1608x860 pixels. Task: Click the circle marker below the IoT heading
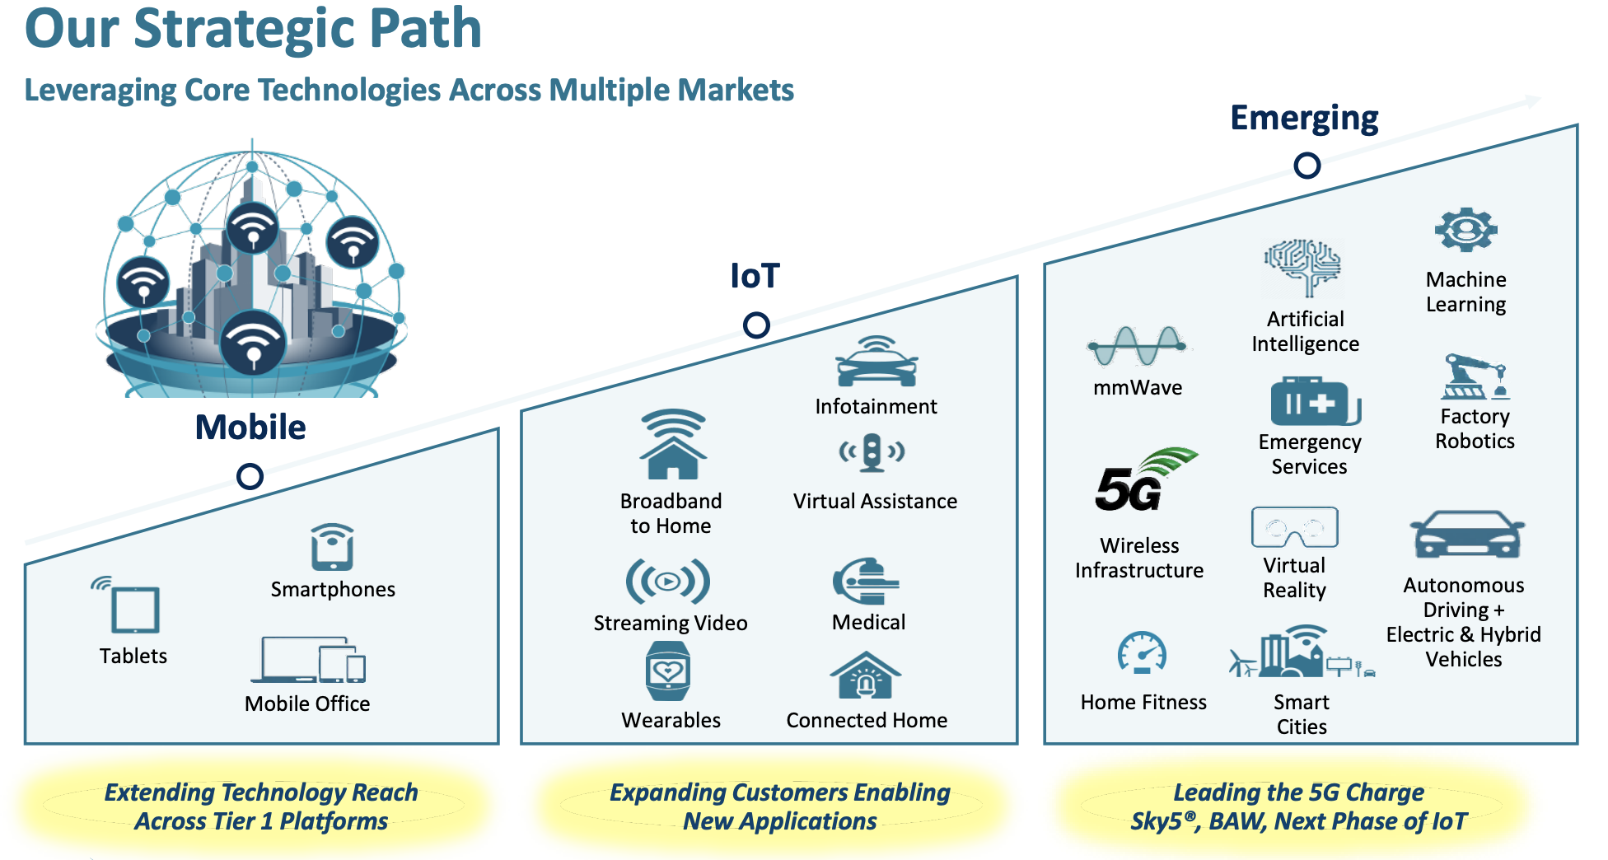(x=755, y=325)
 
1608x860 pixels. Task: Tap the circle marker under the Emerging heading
(x=1306, y=166)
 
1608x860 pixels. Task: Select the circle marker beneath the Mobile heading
(x=250, y=476)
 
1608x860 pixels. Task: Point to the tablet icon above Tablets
(x=133, y=608)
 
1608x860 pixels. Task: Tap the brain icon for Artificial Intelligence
(x=1303, y=267)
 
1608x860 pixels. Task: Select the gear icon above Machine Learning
(x=1465, y=230)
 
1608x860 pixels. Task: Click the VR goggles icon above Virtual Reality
(x=1294, y=528)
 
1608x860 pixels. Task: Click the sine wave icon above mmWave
(x=1137, y=346)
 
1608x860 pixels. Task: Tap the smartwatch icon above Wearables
(x=668, y=671)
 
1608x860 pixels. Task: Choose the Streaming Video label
(x=671, y=623)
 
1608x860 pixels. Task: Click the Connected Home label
(x=867, y=720)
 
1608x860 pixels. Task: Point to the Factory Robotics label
(x=1475, y=428)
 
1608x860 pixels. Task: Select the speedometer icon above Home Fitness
(x=1142, y=653)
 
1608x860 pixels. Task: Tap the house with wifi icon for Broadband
(x=673, y=445)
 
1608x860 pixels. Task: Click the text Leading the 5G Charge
(x=1298, y=792)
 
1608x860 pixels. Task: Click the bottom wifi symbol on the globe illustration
(x=253, y=343)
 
